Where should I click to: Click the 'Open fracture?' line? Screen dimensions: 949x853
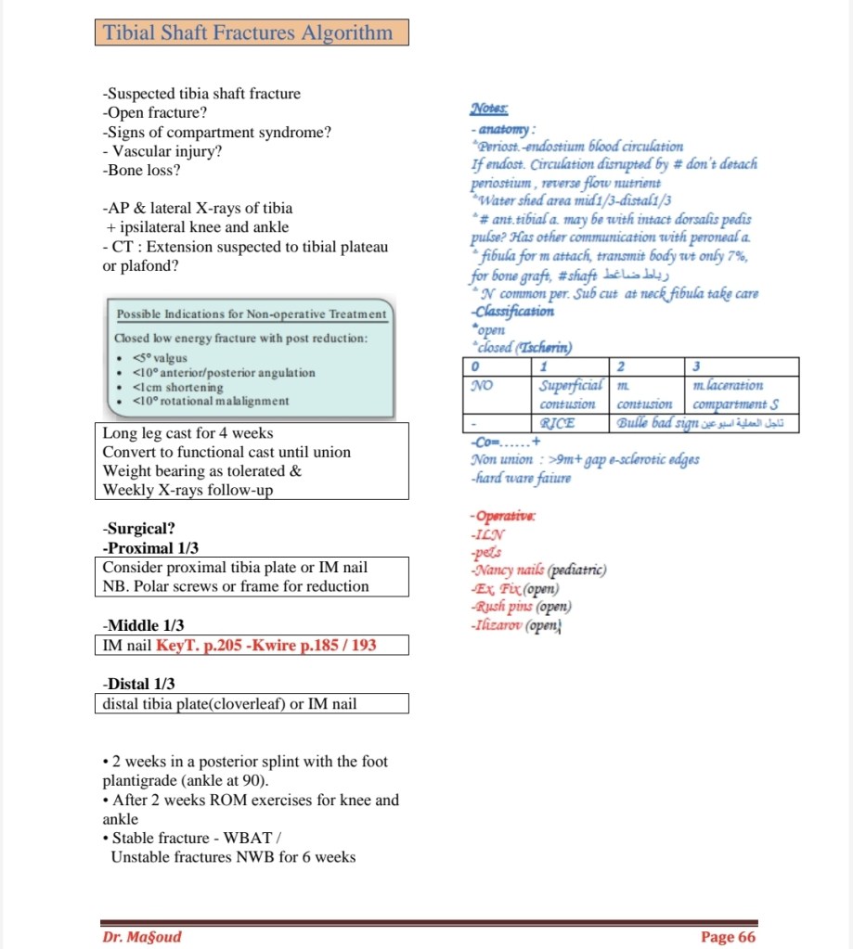click(155, 113)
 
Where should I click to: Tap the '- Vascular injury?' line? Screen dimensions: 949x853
click(162, 151)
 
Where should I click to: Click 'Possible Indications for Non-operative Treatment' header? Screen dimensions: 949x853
click(252, 315)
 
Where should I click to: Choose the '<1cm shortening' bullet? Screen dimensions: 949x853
click(178, 387)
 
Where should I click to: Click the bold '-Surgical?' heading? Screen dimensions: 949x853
click(139, 529)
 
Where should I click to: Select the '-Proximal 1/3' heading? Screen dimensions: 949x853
click(150, 548)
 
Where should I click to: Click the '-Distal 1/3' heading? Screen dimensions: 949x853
click(139, 684)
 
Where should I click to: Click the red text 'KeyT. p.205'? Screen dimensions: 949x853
click(195, 645)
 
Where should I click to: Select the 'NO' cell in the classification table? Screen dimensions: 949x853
click(481, 384)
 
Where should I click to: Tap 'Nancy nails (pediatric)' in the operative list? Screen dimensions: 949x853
click(538, 571)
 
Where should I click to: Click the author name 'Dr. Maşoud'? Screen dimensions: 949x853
click(142, 936)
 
